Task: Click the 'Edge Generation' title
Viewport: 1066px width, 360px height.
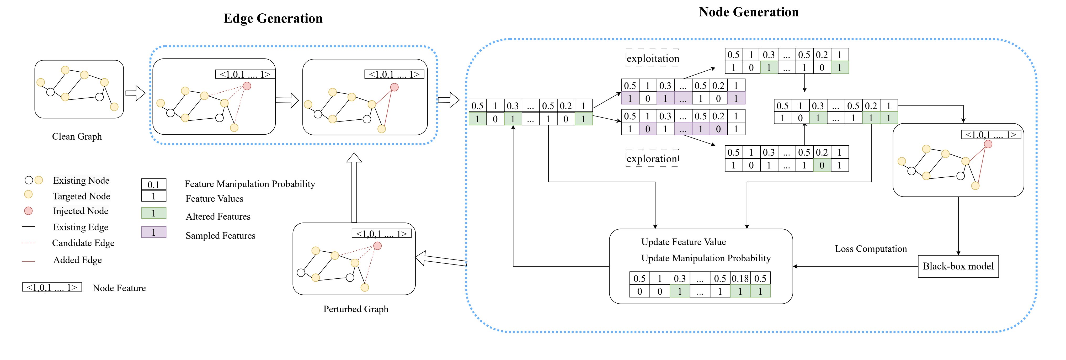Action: click(x=273, y=19)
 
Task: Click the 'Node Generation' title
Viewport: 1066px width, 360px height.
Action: click(x=749, y=12)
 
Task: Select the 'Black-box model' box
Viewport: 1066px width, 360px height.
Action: click(x=958, y=266)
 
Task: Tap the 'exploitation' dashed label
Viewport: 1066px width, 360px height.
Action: click(x=653, y=58)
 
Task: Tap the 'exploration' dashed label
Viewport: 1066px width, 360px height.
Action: click(x=652, y=158)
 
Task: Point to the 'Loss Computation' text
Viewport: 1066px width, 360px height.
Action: click(x=871, y=249)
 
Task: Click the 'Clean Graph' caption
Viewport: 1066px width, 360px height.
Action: click(x=77, y=136)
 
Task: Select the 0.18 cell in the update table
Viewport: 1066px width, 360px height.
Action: click(x=740, y=278)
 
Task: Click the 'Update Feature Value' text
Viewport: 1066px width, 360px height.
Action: click(x=684, y=242)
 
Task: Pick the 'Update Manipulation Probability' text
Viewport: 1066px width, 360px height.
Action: click(x=706, y=258)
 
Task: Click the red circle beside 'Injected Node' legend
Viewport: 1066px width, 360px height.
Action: click(x=28, y=211)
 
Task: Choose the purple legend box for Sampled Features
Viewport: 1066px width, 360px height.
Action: click(x=153, y=232)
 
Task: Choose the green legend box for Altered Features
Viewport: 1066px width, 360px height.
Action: click(x=153, y=213)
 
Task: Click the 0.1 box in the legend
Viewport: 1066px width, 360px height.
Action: click(x=153, y=184)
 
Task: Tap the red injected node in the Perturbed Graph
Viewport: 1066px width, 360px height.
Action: click(x=377, y=246)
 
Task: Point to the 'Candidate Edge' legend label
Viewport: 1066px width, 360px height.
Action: click(x=83, y=243)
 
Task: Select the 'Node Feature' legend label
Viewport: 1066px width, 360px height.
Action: click(x=119, y=288)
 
